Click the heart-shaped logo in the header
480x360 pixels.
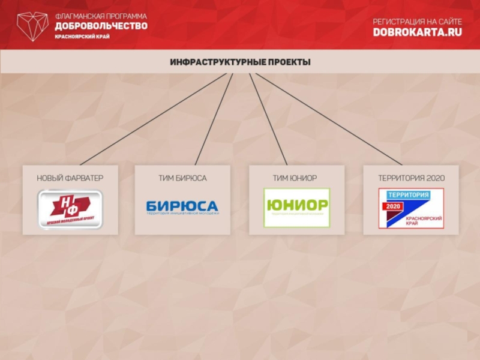(32, 25)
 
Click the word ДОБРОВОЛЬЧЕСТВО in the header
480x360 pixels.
(100, 26)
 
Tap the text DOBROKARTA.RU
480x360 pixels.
(417, 32)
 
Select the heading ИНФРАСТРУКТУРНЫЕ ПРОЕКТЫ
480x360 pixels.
(240, 62)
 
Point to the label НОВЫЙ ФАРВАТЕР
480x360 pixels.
(70, 178)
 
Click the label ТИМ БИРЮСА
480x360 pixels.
(182, 178)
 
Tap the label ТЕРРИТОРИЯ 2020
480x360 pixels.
(411, 178)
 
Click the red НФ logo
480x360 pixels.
(70, 208)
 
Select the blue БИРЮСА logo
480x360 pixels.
(182, 207)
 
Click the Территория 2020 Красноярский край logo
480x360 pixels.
(411, 208)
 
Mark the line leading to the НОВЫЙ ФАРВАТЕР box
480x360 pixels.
(153, 119)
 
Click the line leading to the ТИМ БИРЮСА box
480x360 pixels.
(214, 119)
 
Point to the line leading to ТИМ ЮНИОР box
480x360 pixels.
(268, 119)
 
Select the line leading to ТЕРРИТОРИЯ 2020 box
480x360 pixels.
(329, 119)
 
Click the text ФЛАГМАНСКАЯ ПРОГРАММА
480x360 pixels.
(100, 16)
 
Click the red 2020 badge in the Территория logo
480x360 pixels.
(393, 206)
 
